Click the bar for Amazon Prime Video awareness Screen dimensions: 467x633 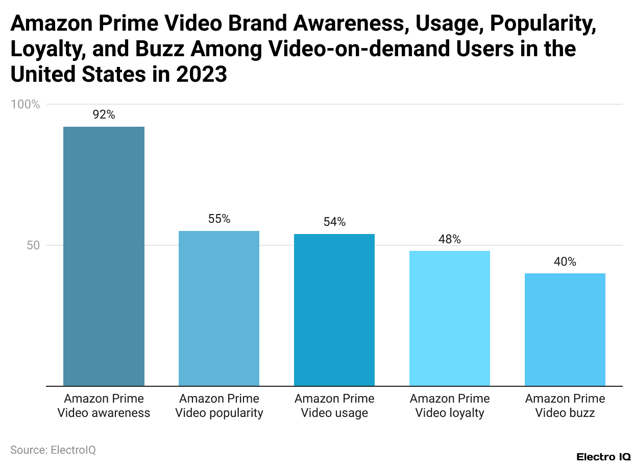click(x=104, y=256)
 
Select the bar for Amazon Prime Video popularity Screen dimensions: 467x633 click(x=219, y=308)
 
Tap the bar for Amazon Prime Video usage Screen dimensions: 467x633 click(x=334, y=310)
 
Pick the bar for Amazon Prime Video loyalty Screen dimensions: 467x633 click(x=450, y=318)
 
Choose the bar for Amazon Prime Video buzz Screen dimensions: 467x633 click(x=565, y=330)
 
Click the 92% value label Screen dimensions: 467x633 click(x=104, y=115)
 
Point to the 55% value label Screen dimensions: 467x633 click(x=219, y=219)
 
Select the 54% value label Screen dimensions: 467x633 click(x=334, y=222)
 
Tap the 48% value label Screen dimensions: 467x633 click(x=450, y=239)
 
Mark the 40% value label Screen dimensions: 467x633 click(x=565, y=262)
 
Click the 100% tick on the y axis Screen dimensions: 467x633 click(x=25, y=104)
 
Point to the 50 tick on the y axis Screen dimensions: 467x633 click(x=33, y=245)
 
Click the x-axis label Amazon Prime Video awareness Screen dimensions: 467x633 click(x=104, y=406)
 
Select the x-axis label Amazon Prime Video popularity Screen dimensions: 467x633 click(x=219, y=406)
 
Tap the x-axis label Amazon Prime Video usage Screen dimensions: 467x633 click(x=334, y=406)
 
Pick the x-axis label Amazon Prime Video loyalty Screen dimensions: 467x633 click(x=450, y=406)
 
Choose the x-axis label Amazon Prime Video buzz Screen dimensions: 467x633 click(x=565, y=406)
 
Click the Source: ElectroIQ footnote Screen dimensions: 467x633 click(x=53, y=450)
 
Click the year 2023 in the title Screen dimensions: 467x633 click(x=201, y=75)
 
